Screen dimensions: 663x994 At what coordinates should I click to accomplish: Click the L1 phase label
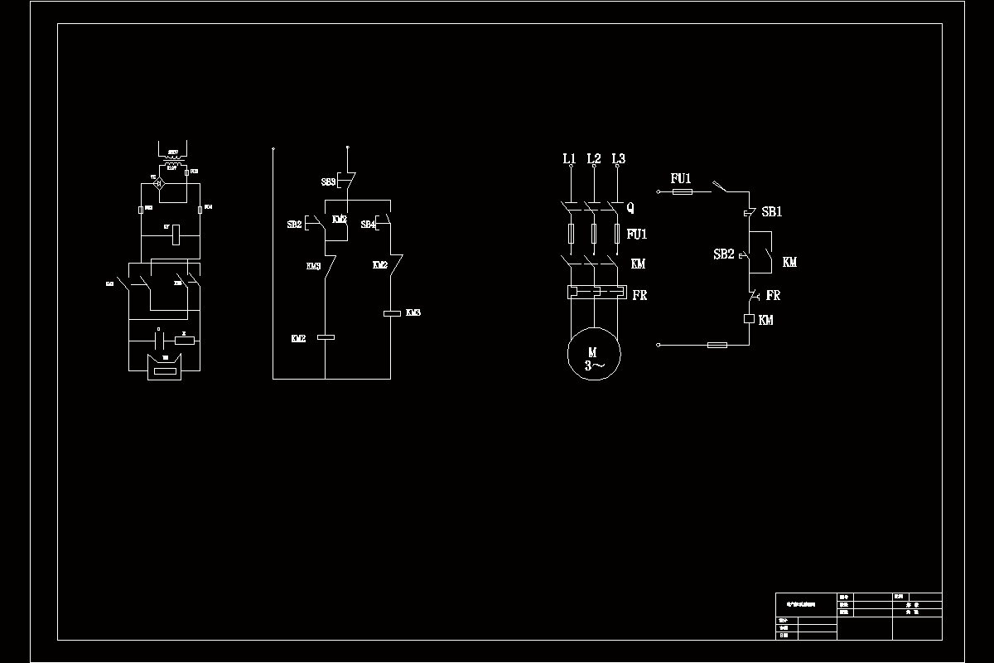click(x=569, y=158)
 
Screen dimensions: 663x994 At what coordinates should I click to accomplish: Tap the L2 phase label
click(x=593, y=158)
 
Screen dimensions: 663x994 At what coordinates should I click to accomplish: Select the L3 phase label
click(x=618, y=158)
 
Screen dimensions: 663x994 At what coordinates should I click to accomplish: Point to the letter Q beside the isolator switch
click(x=630, y=207)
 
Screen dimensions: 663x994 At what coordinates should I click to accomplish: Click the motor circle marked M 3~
click(x=593, y=357)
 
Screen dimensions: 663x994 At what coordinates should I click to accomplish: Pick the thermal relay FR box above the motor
click(x=594, y=293)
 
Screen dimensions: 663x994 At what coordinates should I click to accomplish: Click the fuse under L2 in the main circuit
click(x=594, y=234)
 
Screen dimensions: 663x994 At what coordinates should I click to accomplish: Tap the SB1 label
click(x=772, y=212)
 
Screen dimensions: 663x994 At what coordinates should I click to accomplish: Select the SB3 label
click(x=329, y=181)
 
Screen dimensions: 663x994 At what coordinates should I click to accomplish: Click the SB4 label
click(x=368, y=225)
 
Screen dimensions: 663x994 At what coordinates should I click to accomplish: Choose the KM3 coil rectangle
click(x=392, y=312)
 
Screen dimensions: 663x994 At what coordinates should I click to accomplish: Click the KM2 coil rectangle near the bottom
click(x=325, y=337)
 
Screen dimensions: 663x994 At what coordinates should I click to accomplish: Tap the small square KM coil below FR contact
click(x=749, y=318)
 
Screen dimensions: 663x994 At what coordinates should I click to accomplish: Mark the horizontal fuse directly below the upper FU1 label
click(x=682, y=191)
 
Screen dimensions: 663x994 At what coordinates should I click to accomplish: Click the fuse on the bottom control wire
click(x=717, y=344)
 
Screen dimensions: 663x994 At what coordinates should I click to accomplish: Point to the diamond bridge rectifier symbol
click(x=162, y=181)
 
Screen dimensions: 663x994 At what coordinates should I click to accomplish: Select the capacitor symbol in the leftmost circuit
click(x=158, y=339)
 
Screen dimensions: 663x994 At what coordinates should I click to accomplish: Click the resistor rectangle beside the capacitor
click(x=184, y=339)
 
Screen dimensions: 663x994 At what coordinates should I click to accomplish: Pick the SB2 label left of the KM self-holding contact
click(x=724, y=254)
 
